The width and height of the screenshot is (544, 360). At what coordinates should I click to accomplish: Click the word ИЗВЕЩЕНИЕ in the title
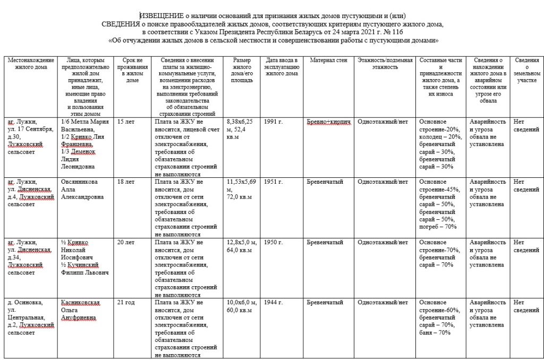pyautogui.click(x=163, y=16)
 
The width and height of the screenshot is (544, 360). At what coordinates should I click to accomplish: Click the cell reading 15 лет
pyautogui.click(x=125, y=122)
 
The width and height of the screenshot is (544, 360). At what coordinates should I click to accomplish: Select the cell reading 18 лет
pyautogui.click(x=125, y=182)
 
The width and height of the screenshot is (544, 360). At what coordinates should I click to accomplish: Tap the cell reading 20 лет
pyautogui.click(x=125, y=243)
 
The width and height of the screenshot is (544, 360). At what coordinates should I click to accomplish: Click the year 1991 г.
pyautogui.click(x=274, y=122)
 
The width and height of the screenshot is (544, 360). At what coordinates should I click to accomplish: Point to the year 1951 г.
pyautogui.click(x=274, y=182)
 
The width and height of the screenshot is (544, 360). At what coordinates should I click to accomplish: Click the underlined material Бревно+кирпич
pyautogui.click(x=329, y=122)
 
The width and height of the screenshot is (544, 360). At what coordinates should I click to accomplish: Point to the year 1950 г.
pyautogui.click(x=274, y=243)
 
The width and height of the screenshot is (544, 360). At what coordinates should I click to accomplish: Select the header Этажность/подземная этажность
pyautogui.click(x=385, y=64)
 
